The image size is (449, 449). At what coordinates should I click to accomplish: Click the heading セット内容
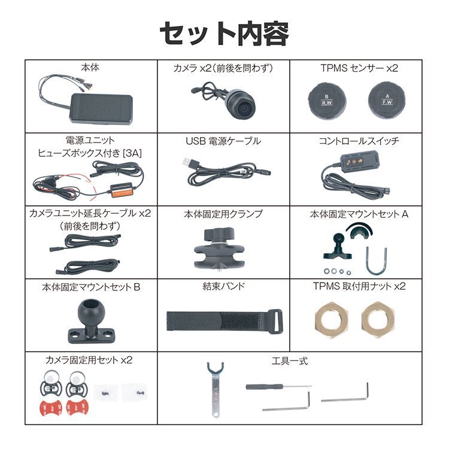coord(224,34)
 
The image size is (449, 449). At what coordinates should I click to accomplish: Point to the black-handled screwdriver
coord(257,387)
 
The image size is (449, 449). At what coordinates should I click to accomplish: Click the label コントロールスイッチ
coord(359,141)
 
